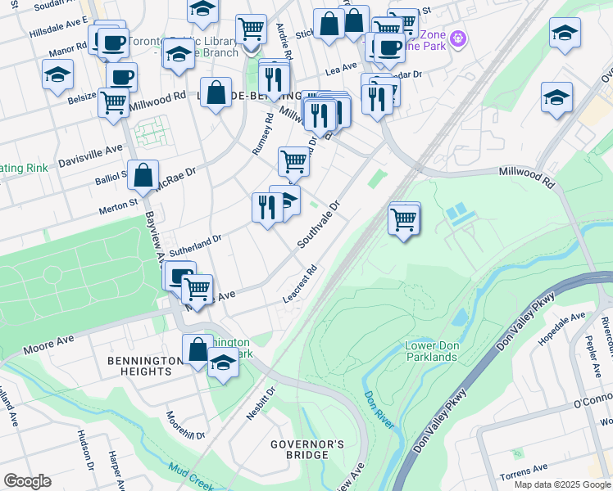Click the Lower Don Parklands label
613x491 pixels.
(x=430, y=351)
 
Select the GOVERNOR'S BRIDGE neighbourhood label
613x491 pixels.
(x=307, y=449)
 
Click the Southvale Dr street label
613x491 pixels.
(x=318, y=225)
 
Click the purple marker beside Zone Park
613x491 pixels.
(x=457, y=38)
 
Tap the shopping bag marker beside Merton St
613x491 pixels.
(x=143, y=175)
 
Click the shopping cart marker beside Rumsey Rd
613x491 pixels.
(x=293, y=161)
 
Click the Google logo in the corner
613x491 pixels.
(x=27, y=481)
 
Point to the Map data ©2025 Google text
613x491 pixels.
(x=562, y=484)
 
